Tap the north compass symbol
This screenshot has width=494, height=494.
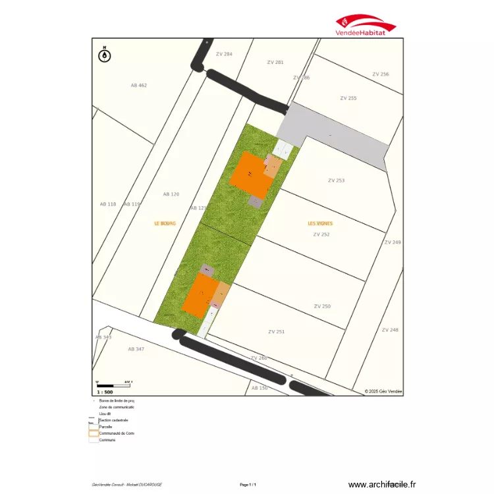pyautogui.click(x=104, y=55)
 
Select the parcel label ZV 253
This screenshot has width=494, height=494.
pyautogui.click(x=336, y=180)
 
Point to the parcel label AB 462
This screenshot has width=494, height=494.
pyautogui.click(x=138, y=86)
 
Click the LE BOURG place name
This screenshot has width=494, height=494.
pyautogui.click(x=165, y=223)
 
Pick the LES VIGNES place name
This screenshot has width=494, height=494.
pyautogui.click(x=320, y=223)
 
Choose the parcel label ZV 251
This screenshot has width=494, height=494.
pyautogui.click(x=277, y=332)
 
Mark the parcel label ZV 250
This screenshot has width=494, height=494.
pyautogui.click(x=322, y=306)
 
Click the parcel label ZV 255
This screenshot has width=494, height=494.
pyautogui.click(x=348, y=98)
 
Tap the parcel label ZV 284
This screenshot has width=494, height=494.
pyautogui.click(x=224, y=54)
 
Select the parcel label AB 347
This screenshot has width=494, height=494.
pyautogui.click(x=136, y=349)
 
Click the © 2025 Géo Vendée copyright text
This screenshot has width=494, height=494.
pyautogui.click(x=383, y=391)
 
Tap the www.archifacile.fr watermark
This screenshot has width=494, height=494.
pyautogui.click(x=382, y=484)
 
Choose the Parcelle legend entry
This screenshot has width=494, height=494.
pyautogui.click(x=105, y=427)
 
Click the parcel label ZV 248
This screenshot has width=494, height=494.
pyautogui.click(x=390, y=330)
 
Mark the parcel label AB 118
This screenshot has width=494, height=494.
pyautogui.click(x=107, y=204)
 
